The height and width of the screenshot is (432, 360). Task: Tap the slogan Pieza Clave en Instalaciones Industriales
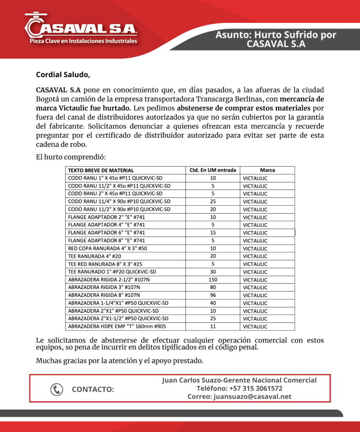(x=83, y=41)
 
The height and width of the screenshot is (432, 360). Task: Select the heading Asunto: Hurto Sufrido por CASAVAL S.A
(x=276, y=39)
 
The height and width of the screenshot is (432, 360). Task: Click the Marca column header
(x=267, y=170)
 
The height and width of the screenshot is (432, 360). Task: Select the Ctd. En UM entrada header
(x=213, y=170)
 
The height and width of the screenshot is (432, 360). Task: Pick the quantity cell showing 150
(x=213, y=280)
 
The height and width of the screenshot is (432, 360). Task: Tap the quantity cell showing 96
(x=213, y=295)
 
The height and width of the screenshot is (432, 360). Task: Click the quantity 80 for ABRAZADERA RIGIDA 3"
(x=213, y=287)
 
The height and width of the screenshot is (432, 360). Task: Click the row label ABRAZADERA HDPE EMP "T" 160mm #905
(x=116, y=327)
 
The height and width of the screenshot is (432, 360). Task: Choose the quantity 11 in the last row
(x=213, y=327)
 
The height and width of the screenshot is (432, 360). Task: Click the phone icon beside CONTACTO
(x=57, y=389)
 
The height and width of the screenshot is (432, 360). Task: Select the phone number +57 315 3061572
(x=239, y=389)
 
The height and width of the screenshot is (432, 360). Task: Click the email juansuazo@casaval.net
(x=239, y=397)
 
